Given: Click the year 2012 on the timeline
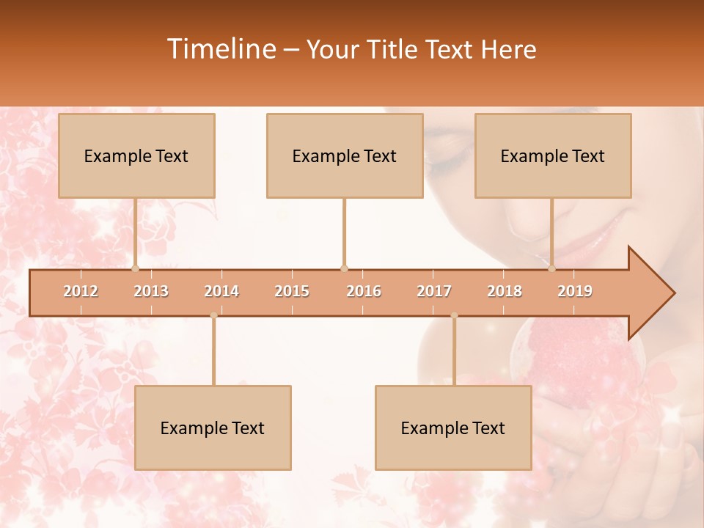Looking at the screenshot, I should [81, 291].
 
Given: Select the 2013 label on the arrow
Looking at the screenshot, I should [151, 291].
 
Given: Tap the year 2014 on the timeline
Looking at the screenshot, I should [221, 291].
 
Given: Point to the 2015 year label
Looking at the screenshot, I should [292, 291].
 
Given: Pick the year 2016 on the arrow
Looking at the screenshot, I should [364, 291].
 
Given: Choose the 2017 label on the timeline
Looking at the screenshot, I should [434, 291].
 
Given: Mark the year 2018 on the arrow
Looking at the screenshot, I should [505, 291].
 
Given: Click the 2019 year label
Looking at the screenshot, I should [575, 291].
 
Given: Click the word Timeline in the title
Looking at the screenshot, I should [220, 49].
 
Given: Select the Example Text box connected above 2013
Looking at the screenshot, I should [136, 155].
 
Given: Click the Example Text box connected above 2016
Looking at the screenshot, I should [345, 155].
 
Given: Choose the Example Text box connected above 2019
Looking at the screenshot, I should [553, 155].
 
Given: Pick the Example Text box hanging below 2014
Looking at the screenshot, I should [213, 428].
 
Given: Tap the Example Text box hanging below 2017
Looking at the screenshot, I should [453, 428].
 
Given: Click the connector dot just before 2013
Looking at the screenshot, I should [135, 268].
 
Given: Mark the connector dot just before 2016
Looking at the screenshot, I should [344, 268].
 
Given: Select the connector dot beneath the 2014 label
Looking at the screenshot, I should [213, 315].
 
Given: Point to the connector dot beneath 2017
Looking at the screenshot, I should [454, 315].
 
